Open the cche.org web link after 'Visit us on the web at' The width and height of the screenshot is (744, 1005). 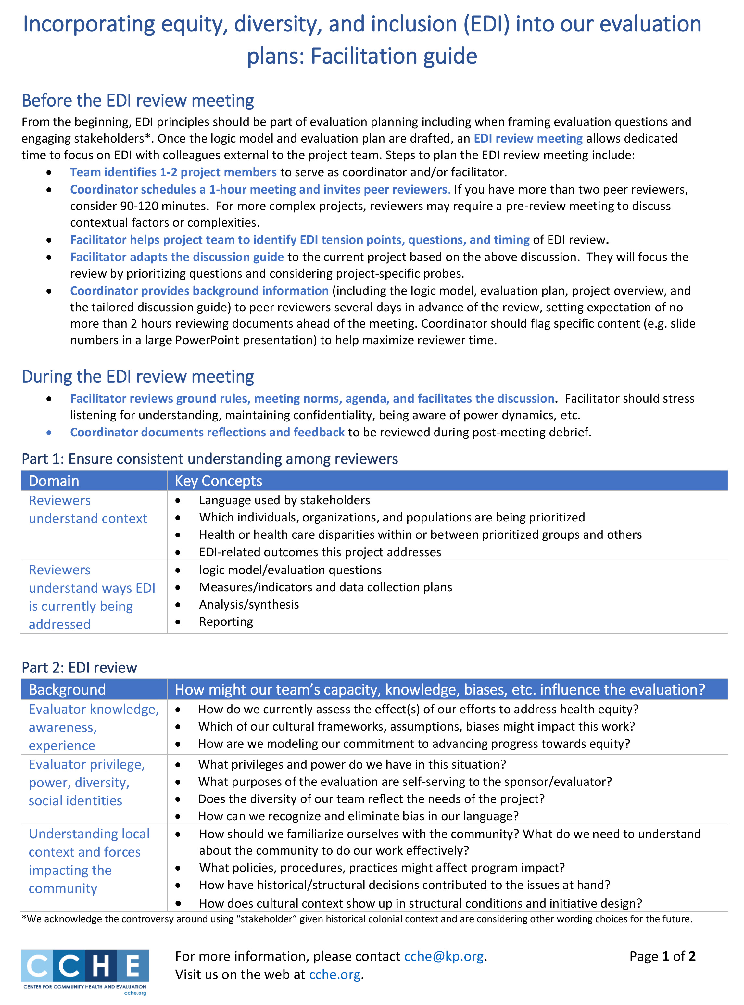(x=334, y=974)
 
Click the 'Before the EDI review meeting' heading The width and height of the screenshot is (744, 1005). (x=137, y=100)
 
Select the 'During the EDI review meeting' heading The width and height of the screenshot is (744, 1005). (x=137, y=376)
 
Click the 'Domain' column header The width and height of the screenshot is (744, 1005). (x=54, y=481)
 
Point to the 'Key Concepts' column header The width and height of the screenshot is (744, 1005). (x=219, y=481)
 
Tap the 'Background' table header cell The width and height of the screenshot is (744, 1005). (x=67, y=689)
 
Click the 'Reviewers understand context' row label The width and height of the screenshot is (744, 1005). (x=88, y=509)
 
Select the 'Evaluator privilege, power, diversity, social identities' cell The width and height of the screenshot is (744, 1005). (x=86, y=783)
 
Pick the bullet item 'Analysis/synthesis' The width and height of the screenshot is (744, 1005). (x=249, y=604)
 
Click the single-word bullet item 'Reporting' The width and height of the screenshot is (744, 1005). (x=226, y=622)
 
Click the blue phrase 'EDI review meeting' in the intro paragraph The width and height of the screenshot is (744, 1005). (x=528, y=138)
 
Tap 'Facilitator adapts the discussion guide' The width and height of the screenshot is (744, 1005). (x=177, y=257)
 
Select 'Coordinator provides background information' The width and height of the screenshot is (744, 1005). (x=199, y=291)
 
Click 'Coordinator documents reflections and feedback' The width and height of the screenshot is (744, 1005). (x=207, y=432)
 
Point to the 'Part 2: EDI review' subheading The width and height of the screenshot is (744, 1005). (x=79, y=667)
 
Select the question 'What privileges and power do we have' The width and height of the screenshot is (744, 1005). (x=352, y=764)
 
